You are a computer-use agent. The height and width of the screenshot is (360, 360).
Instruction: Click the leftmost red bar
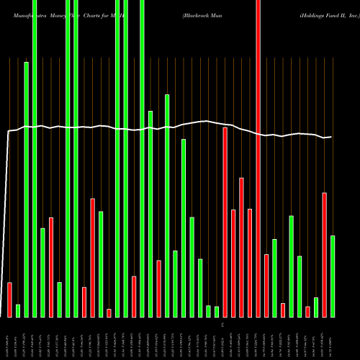[x=9, y=300]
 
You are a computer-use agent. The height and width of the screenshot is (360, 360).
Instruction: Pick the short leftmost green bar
[x=18, y=310]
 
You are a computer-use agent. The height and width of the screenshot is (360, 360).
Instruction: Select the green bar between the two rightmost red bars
[x=316, y=307]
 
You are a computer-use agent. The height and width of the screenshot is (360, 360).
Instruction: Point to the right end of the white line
[x=331, y=137]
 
